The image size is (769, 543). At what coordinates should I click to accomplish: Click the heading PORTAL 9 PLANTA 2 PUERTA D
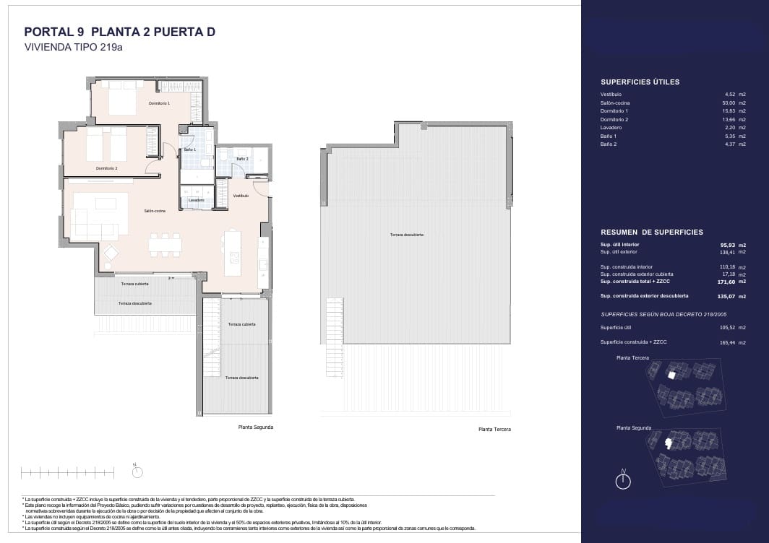pyautogui.click(x=120, y=32)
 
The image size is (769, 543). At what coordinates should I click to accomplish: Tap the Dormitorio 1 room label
pyautogui.click(x=159, y=104)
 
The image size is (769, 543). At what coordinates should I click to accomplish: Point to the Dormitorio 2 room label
pyautogui.click(x=106, y=168)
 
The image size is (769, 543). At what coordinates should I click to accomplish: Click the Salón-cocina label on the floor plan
pyautogui.click(x=155, y=211)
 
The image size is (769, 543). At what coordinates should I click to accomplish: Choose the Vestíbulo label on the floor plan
pyautogui.click(x=241, y=196)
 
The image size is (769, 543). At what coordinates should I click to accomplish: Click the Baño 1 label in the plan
pyautogui.click(x=190, y=149)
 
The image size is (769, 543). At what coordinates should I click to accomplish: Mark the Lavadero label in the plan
pyautogui.click(x=196, y=200)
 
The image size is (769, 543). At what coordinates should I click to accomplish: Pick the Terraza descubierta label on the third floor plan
pyautogui.click(x=406, y=235)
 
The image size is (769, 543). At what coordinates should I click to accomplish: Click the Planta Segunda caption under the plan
pyautogui.click(x=256, y=427)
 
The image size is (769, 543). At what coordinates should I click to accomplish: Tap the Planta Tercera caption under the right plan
pyautogui.click(x=494, y=430)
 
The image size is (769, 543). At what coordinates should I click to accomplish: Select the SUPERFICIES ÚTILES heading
pyautogui.click(x=640, y=82)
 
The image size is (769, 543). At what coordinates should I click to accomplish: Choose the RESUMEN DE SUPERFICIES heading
pyautogui.click(x=652, y=233)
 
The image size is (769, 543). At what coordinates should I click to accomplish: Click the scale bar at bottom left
pyautogui.click(x=72, y=473)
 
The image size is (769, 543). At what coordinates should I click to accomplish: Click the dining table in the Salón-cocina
pyautogui.click(x=165, y=244)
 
